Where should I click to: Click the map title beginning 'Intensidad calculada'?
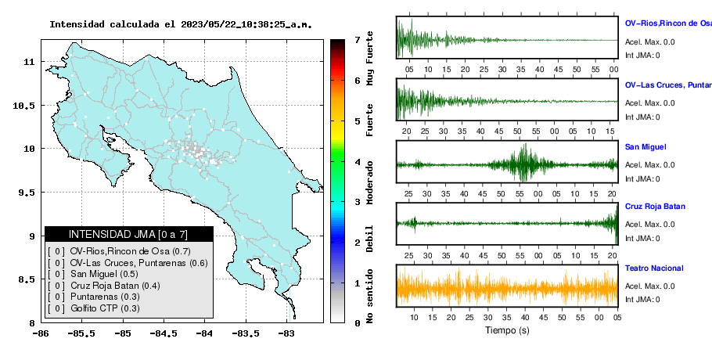181,24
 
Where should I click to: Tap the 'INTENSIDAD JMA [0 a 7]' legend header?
128,234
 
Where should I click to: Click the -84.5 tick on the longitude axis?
164,333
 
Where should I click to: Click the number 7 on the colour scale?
358,40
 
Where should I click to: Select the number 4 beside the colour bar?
358,162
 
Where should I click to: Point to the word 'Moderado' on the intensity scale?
369,182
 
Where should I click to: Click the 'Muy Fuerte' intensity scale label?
369,58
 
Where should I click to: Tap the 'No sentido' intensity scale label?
369,296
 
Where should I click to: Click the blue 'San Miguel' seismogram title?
645,147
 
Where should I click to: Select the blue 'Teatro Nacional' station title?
654,268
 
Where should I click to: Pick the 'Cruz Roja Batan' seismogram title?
655,207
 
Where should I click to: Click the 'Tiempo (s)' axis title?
507,330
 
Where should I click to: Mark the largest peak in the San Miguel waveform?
525,145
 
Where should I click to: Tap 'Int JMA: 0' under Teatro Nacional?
642,300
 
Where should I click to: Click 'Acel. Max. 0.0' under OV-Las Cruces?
649,103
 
